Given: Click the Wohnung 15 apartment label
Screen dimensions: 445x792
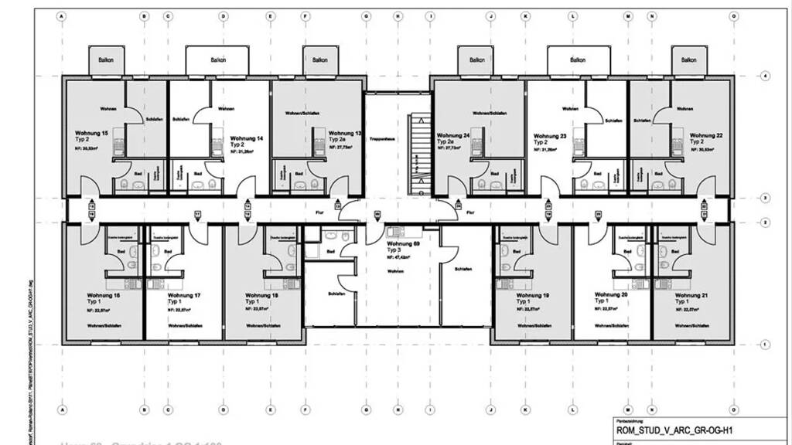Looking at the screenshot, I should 91,134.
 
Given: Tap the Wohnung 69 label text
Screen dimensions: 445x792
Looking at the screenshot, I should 403,243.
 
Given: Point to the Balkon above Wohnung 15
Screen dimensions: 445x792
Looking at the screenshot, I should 104,59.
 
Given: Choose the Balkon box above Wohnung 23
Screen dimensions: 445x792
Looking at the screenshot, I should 577,59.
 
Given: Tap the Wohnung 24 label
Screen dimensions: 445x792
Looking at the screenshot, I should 453,135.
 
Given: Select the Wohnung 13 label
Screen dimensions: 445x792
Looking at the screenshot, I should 345,134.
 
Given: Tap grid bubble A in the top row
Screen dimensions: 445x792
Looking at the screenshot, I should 62,15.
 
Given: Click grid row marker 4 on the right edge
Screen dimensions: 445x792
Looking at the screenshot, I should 764,76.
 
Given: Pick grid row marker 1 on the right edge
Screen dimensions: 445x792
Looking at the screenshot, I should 764,344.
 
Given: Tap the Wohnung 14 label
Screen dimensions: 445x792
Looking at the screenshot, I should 249,138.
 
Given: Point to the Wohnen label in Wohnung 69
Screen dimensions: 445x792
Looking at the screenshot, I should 396,272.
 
